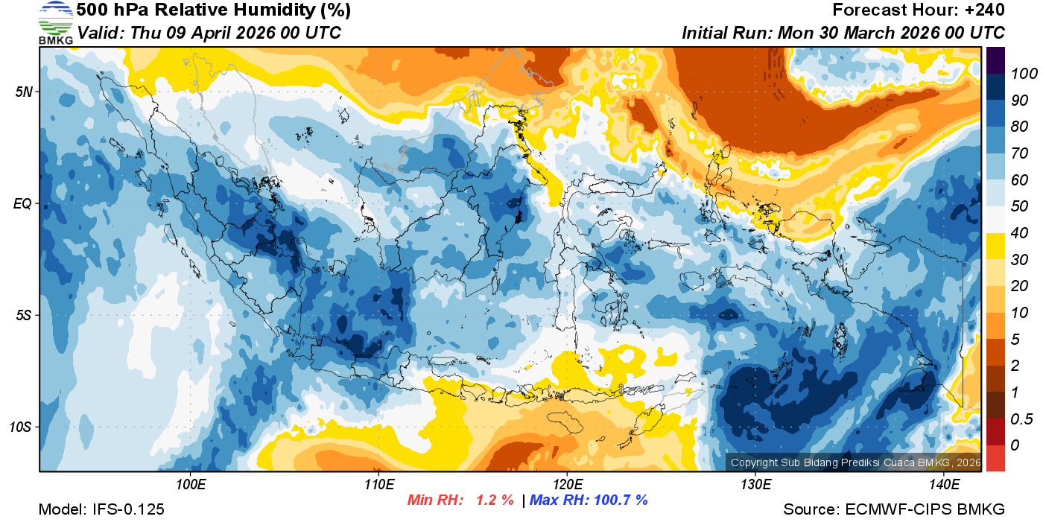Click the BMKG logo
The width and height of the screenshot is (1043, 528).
point(55,22)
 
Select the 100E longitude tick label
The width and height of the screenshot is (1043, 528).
point(191,485)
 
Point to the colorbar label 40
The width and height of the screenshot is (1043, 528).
point(1020,233)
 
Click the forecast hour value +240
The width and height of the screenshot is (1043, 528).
point(985,10)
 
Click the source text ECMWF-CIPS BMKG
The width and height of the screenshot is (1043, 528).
point(925,509)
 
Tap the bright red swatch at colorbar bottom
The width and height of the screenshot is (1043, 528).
point(995,458)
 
